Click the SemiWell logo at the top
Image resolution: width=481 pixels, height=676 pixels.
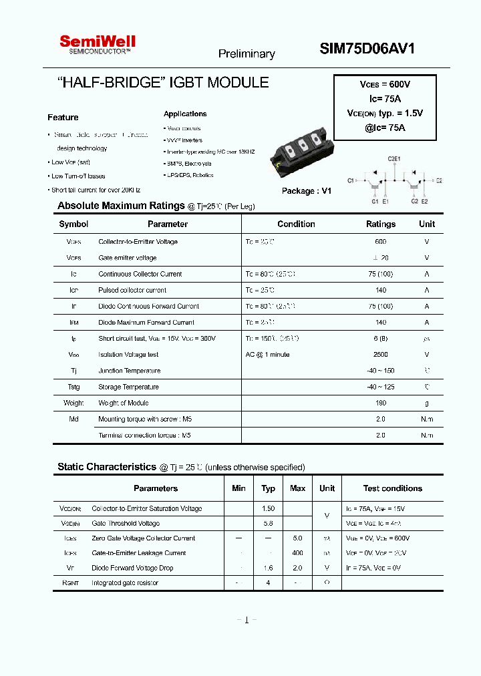pos(98,44)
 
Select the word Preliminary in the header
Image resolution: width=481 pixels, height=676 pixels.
pos(247,54)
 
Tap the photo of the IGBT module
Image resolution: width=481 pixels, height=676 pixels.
pos(299,154)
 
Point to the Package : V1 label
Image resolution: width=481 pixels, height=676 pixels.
pos(306,191)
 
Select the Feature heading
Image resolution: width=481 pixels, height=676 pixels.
pos(63,118)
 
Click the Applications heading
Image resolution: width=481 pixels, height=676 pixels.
pos(185,114)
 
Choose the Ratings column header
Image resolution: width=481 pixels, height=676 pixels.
pos(381,224)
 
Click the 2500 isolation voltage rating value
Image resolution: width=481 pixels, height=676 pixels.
pos(380,355)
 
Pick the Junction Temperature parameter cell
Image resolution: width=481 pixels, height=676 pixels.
pos(129,371)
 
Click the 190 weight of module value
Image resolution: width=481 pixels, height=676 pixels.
pos(380,403)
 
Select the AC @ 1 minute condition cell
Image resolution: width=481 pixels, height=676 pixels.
pos(267,355)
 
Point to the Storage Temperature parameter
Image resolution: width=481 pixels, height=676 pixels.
pos(128,387)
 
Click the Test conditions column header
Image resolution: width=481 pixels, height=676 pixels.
pos(392,488)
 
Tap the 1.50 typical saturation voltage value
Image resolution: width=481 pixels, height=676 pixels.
pos(268,509)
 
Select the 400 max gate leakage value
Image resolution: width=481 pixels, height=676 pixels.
pos(297,553)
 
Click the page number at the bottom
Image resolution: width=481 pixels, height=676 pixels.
pos(247,621)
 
